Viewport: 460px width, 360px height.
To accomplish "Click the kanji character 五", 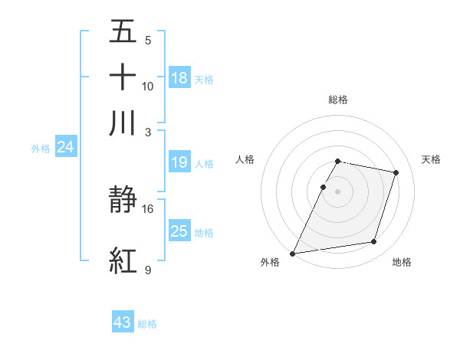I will click(123, 33).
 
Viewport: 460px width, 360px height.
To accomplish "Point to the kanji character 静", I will click(123, 201).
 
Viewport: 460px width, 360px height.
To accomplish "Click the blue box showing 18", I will click(179, 77).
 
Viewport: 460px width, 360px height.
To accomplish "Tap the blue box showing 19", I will click(179, 162).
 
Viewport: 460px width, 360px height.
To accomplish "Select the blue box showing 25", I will click(179, 231).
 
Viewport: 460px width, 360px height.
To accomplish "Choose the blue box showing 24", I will click(65, 148).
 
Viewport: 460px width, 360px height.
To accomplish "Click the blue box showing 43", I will click(123, 322).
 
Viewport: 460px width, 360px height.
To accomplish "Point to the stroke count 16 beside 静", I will click(148, 208).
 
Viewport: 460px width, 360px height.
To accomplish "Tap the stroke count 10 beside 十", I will click(148, 86).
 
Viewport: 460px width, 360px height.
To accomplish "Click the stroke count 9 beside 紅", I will click(147, 270).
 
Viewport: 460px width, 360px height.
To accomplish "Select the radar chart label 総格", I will click(338, 100).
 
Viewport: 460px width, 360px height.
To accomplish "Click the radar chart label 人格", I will click(245, 159).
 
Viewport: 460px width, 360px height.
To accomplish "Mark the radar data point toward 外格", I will click(293, 254).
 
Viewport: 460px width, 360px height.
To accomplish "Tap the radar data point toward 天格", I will click(396, 173).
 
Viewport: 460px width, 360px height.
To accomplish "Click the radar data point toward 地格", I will click(373, 242).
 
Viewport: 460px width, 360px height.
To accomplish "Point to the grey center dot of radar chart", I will click(338, 191).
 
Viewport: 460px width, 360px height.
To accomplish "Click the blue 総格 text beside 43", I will click(147, 324).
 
